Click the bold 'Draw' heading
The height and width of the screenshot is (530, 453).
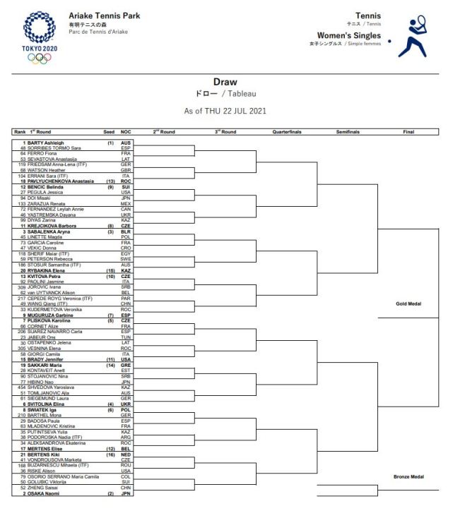(x=225, y=82)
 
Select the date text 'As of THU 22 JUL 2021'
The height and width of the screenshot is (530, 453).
(x=225, y=111)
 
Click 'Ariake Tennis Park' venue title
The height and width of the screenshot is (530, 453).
(x=105, y=16)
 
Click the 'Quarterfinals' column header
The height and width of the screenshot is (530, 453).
(x=287, y=132)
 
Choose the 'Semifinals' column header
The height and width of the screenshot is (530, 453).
(x=348, y=132)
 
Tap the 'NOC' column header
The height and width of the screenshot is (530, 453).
(x=126, y=132)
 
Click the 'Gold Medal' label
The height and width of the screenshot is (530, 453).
(x=408, y=304)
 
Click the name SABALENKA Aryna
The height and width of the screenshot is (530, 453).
(x=47, y=231)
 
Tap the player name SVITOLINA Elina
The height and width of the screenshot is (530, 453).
(x=47, y=404)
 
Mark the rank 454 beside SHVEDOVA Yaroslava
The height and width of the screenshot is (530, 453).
(x=21, y=387)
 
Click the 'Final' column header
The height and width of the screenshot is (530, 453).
(x=408, y=132)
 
